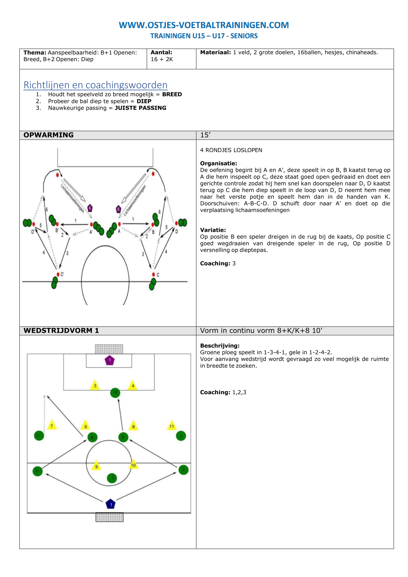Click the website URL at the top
point(204,25)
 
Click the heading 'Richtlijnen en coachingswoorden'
point(95,85)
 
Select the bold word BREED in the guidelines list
point(172,94)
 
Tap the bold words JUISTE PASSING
point(140,108)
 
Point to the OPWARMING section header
point(49,135)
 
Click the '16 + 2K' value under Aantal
point(162,59)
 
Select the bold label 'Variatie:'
point(213,230)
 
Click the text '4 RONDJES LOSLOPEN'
point(231,150)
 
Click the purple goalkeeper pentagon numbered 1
point(110,360)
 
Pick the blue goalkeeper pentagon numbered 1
point(111,504)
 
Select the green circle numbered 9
point(115,393)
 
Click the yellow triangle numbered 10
point(133,465)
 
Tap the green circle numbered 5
point(38,471)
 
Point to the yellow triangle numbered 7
point(52,425)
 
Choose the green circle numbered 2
point(183,469)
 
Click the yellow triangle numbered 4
point(133,385)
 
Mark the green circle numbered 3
point(112,478)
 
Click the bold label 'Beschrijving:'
point(220,346)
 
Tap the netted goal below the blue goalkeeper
point(110,517)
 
